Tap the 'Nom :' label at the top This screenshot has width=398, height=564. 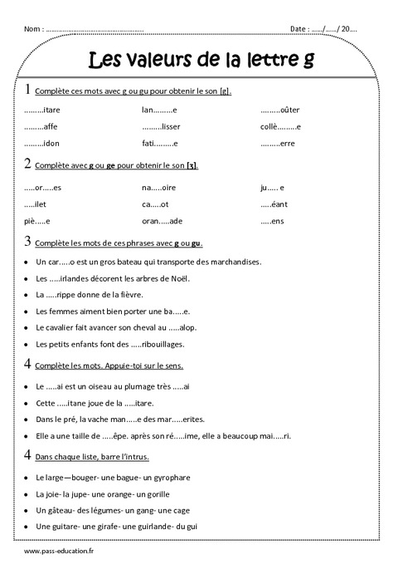click(x=34, y=29)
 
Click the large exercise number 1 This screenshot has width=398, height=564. click(x=28, y=89)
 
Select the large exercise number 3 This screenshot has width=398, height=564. click(x=28, y=242)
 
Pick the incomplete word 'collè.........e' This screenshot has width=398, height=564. click(x=279, y=126)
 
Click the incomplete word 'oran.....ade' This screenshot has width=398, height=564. click(x=162, y=221)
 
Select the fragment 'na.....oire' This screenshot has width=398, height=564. click(x=158, y=188)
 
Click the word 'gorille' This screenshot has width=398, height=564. click(x=173, y=494)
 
